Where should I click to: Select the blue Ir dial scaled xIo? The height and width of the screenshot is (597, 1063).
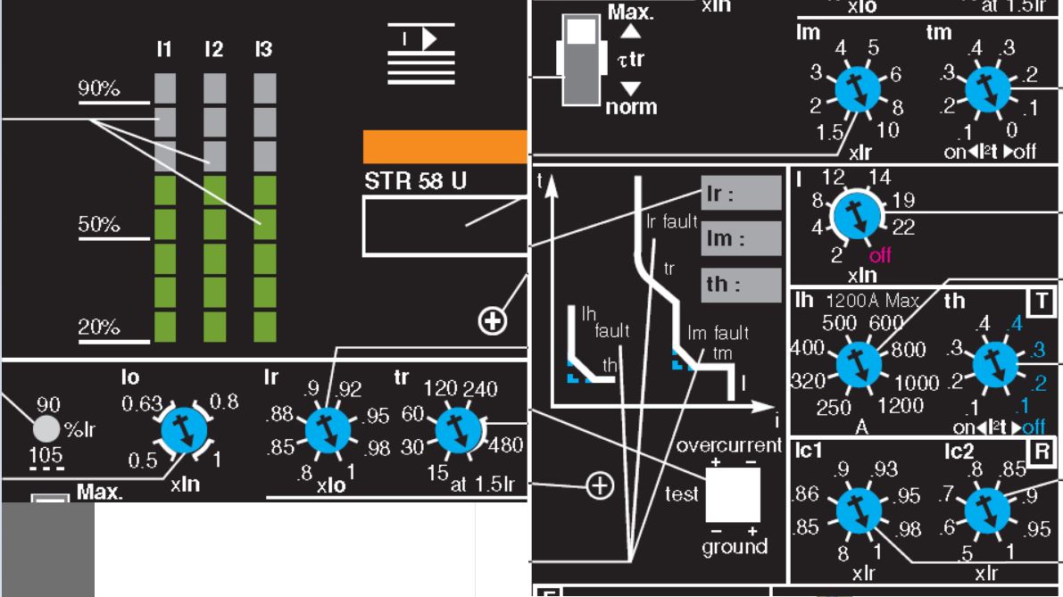click(x=328, y=431)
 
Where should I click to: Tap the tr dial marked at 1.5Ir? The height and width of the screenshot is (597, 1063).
click(x=458, y=430)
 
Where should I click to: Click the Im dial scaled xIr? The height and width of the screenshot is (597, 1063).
click(x=856, y=89)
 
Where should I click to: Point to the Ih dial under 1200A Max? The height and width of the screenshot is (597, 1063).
click(x=858, y=363)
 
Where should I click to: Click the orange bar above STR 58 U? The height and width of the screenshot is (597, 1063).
click(x=444, y=147)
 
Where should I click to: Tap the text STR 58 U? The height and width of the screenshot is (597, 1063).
click(x=415, y=182)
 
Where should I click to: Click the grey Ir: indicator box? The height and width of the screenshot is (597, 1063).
click(x=741, y=193)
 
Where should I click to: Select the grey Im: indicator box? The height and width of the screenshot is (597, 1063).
click(x=741, y=238)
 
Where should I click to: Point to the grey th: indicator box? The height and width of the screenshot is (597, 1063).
click(x=741, y=285)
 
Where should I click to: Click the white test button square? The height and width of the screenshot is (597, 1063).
click(x=733, y=494)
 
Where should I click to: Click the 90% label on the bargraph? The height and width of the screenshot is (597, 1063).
click(x=98, y=89)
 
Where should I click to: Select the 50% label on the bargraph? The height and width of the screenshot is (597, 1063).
click(x=98, y=225)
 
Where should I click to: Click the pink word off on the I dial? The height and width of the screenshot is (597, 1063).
click(x=880, y=256)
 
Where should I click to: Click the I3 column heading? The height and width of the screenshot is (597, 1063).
click(x=262, y=50)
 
